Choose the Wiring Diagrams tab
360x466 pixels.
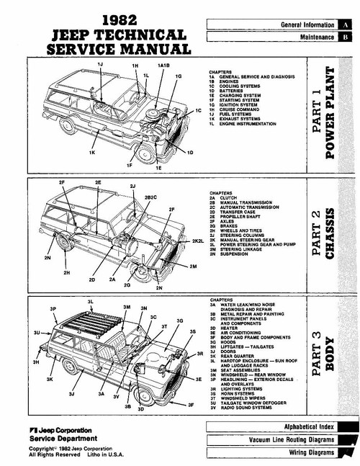point(307,452)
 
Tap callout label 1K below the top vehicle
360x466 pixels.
point(92,153)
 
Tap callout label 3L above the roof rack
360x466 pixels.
point(91,300)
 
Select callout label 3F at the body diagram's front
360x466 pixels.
point(191,405)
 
